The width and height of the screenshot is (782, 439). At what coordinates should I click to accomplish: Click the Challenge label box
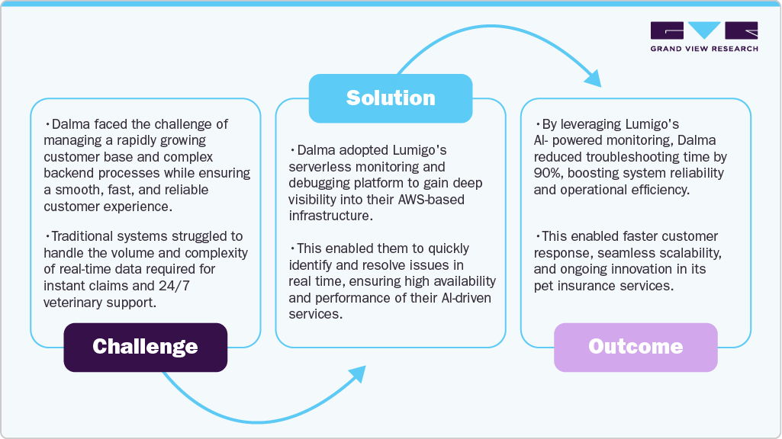point(145,348)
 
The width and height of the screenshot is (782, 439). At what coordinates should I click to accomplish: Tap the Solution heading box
point(391,98)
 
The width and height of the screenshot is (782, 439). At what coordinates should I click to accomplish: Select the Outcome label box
point(636,348)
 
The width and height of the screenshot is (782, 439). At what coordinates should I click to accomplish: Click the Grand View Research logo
point(704,37)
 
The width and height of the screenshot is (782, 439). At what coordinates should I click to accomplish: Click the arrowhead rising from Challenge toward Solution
point(356,373)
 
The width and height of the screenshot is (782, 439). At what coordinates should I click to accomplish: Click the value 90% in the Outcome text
point(548,173)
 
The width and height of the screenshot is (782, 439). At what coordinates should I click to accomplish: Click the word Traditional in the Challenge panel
point(82,236)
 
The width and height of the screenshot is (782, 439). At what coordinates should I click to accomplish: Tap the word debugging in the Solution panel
point(318,183)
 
